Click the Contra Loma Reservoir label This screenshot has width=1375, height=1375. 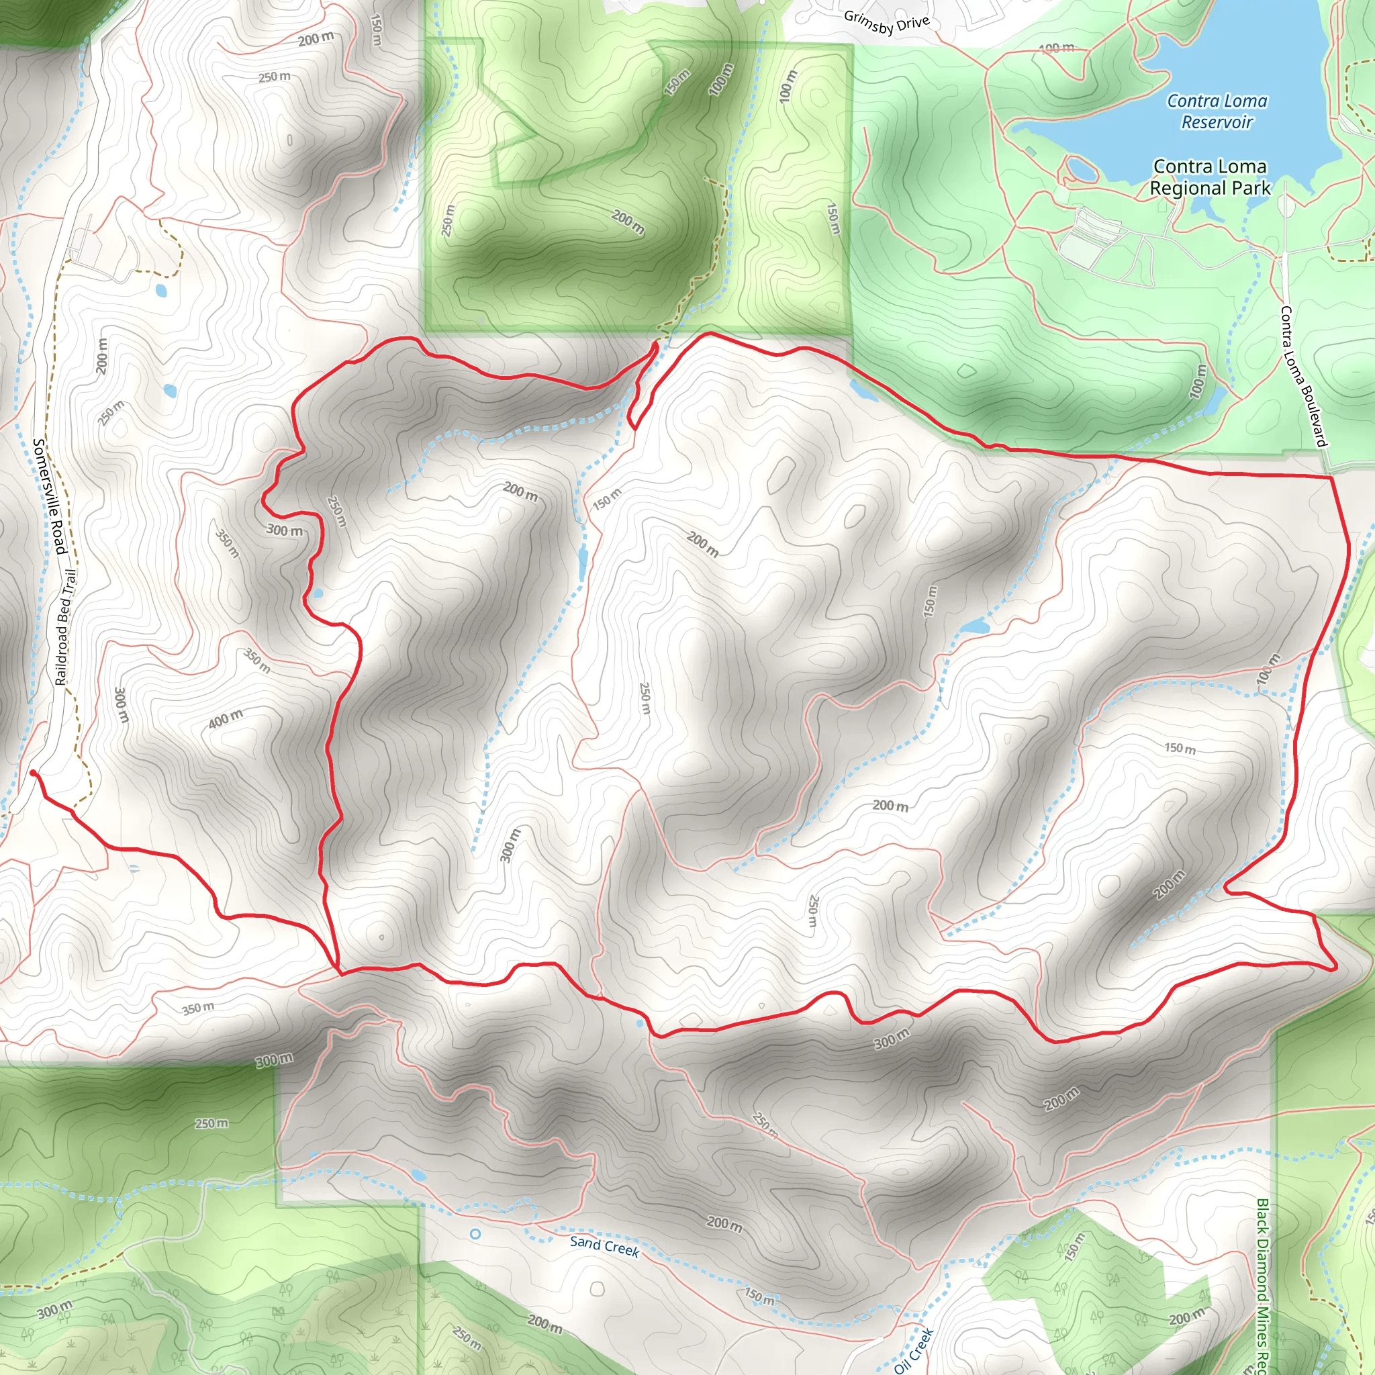tap(1217, 111)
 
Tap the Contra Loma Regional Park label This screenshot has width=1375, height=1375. tap(1210, 177)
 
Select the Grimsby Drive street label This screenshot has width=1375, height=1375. tap(887, 23)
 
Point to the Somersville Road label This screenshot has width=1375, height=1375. tap(50, 496)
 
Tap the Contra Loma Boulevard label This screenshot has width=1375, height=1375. tap(1303, 377)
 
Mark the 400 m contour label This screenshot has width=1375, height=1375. tap(225, 720)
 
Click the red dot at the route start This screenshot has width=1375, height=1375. tap(33, 773)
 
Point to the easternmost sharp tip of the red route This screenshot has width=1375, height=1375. tap(1336, 968)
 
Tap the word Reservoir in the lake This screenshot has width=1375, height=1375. tap(1217, 122)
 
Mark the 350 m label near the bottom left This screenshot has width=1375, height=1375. tap(197, 1008)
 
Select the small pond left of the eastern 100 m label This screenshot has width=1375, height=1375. tap(974, 627)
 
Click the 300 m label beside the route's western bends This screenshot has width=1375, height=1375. tap(284, 530)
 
